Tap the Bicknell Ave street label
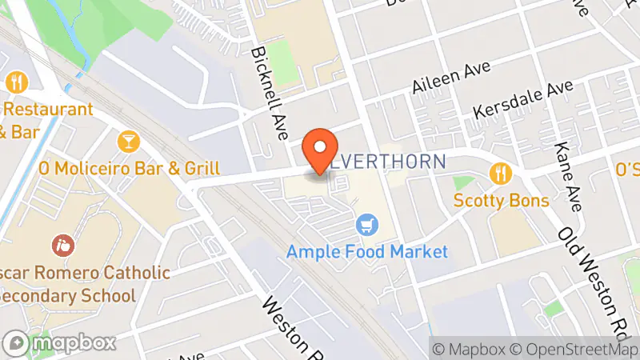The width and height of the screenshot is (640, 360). (269, 92)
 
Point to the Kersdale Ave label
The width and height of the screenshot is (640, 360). (524, 100)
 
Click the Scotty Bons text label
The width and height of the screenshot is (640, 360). (502, 200)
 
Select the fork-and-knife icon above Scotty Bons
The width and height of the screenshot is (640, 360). (502, 173)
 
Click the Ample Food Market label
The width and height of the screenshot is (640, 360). (367, 252)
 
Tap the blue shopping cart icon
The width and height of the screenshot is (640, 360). (367, 225)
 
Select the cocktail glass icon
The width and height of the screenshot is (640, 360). (127, 142)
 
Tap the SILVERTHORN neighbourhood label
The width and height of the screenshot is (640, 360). (388, 161)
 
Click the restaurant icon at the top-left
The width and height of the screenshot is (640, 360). (16, 82)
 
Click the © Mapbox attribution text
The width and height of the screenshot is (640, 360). (469, 349)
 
